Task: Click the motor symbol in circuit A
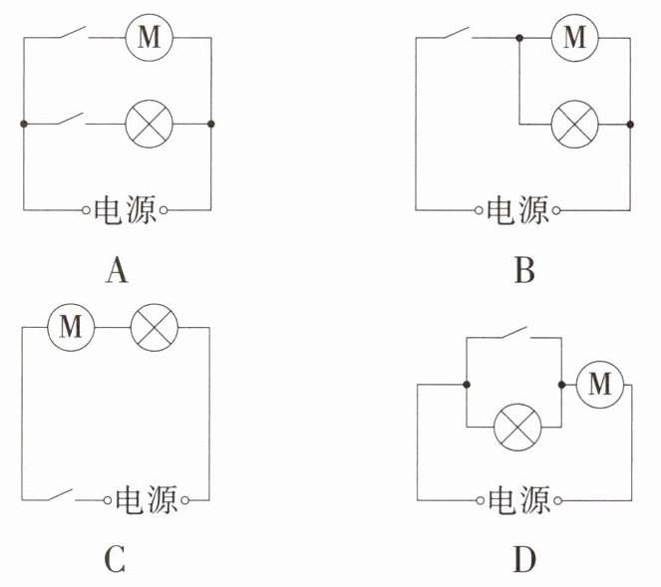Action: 149,39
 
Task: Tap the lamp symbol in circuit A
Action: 149,124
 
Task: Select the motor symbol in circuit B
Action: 574,39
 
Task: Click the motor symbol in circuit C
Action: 71,327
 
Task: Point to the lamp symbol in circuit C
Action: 156,327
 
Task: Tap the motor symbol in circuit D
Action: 598,383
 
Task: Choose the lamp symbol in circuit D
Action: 518,430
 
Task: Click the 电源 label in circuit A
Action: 125,210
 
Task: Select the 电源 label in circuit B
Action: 517,210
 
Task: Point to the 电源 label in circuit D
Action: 517,499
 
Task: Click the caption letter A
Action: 118,270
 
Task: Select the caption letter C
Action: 115,561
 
